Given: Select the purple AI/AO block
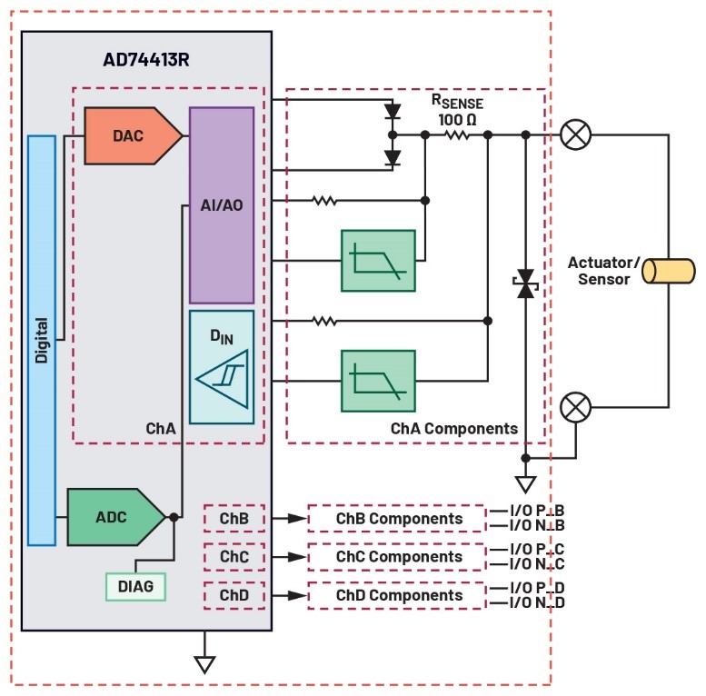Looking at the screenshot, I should (x=222, y=204).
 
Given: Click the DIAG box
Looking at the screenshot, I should (x=135, y=587).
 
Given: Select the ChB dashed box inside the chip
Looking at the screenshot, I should (x=234, y=518).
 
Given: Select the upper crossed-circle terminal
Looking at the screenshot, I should (x=574, y=134).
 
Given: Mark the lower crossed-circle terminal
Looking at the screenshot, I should (x=574, y=405).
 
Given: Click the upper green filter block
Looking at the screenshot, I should (x=378, y=261).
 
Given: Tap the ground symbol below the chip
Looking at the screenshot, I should (x=205, y=663).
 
